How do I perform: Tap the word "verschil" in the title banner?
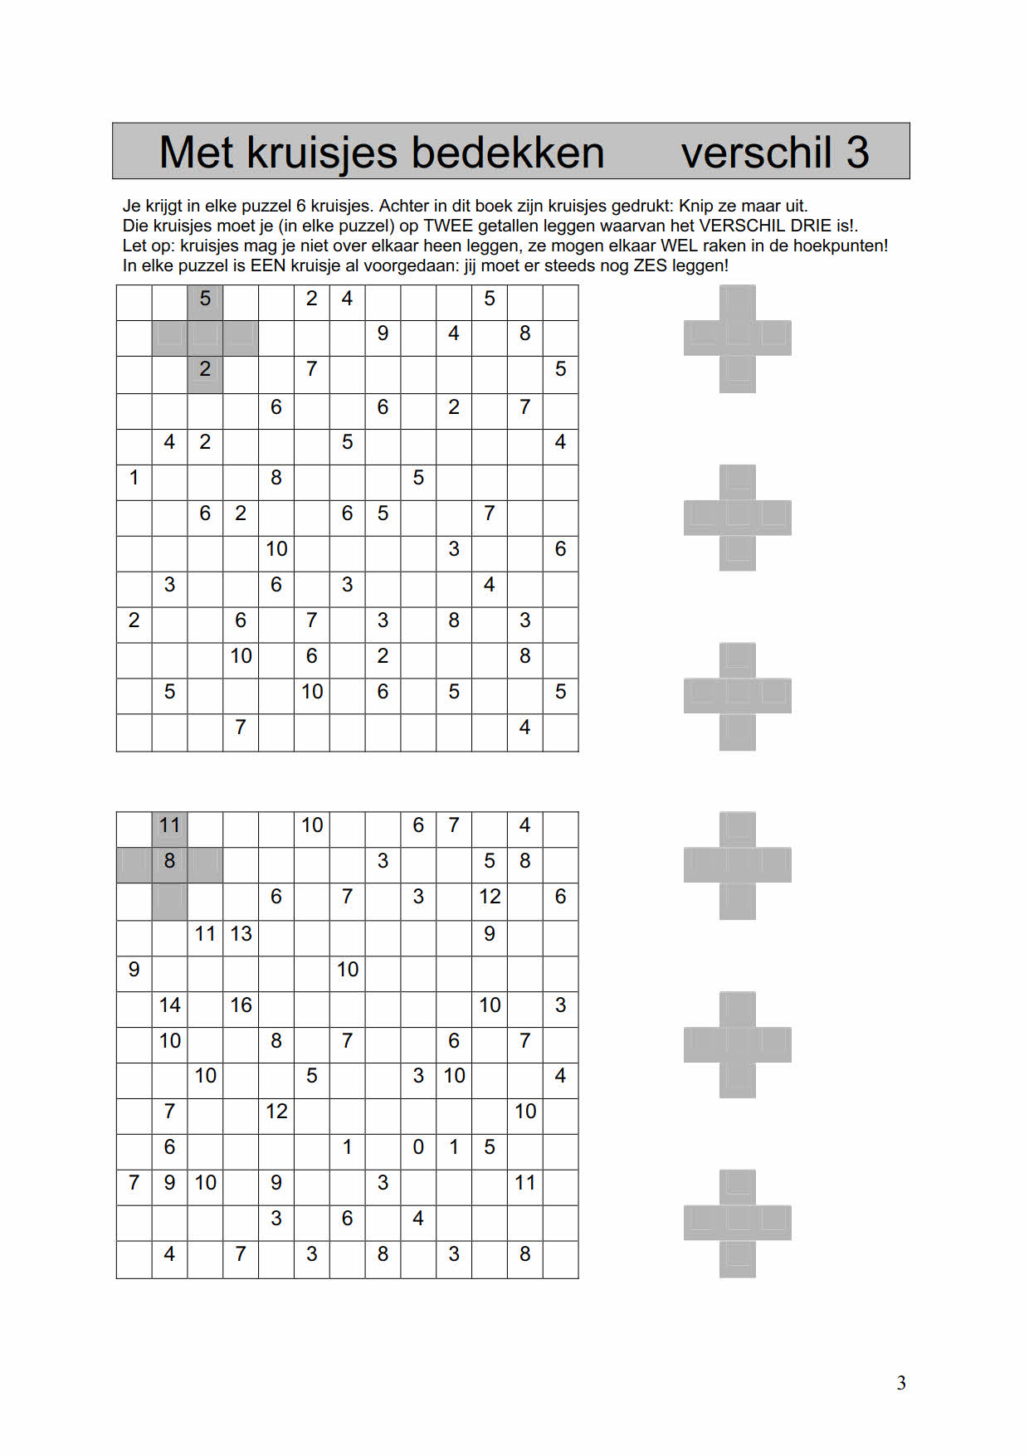click(x=756, y=153)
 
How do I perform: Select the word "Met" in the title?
click(x=196, y=153)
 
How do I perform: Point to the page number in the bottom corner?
click(x=901, y=1383)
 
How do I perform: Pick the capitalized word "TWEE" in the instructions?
click(x=448, y=226)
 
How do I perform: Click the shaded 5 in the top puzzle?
click(x=205, y=299)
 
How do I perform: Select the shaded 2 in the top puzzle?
click(x=205, y=369)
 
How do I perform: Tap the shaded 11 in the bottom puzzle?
click(x=169, y=825)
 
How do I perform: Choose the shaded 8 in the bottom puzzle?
click(x=169, y=861)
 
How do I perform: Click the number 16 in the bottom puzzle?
click(x=241, y=1005)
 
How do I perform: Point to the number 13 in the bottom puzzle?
click(x=241, y=934)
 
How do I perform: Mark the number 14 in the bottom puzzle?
click(x=169, y=1005)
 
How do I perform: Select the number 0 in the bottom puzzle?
click(x=418, y=1147)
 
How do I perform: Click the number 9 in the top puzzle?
click(x=383, y=333)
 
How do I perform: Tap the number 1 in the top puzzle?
click(x=134, y=478)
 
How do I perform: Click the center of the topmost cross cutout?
click(x=737, y=338)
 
